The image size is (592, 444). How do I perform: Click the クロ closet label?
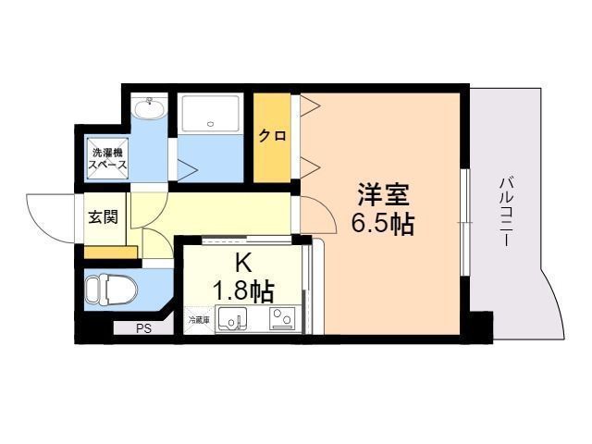tap(272, 136)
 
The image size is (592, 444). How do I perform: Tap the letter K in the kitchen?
tap(242, 262)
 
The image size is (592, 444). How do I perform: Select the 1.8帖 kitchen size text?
tap(242, 290)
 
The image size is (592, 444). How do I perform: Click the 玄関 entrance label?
tap(103, 218)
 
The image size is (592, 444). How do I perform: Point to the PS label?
tap(143, 327)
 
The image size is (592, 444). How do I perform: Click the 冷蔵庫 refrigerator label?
tap(199, 320)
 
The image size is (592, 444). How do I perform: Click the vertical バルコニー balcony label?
tap(506, 210)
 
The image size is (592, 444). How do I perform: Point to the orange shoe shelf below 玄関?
tap(111, 251)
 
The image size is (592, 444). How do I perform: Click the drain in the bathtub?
tap(211, 124)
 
